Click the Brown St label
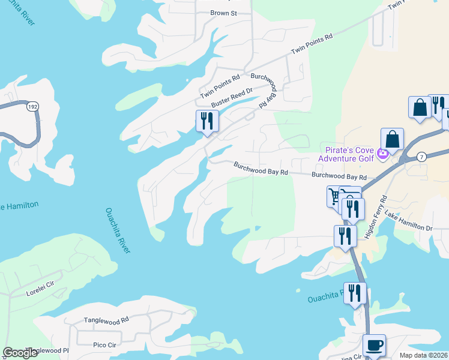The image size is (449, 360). [x=224, y=13]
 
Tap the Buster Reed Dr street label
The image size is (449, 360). [x=232, y=95]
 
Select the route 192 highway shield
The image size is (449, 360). [x=32, y=107]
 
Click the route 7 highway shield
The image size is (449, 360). [x=422, y=157]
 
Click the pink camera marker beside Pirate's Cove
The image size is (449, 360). [x=384, y=154]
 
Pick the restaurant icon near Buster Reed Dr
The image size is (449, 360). [x=206, y=121]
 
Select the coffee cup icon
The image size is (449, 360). [x=374, y=345]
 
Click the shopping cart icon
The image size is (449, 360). [x=334, y=196]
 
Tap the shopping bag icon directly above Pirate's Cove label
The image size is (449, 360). [x=391, y=139]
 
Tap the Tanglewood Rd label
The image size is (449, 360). [x=106, y=320]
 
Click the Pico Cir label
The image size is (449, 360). [x=104, y=345]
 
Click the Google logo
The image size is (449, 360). [x=20, y=353]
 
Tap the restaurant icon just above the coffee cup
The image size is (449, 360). [x=355, y=293]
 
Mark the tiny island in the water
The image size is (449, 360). [x=298, y=291]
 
